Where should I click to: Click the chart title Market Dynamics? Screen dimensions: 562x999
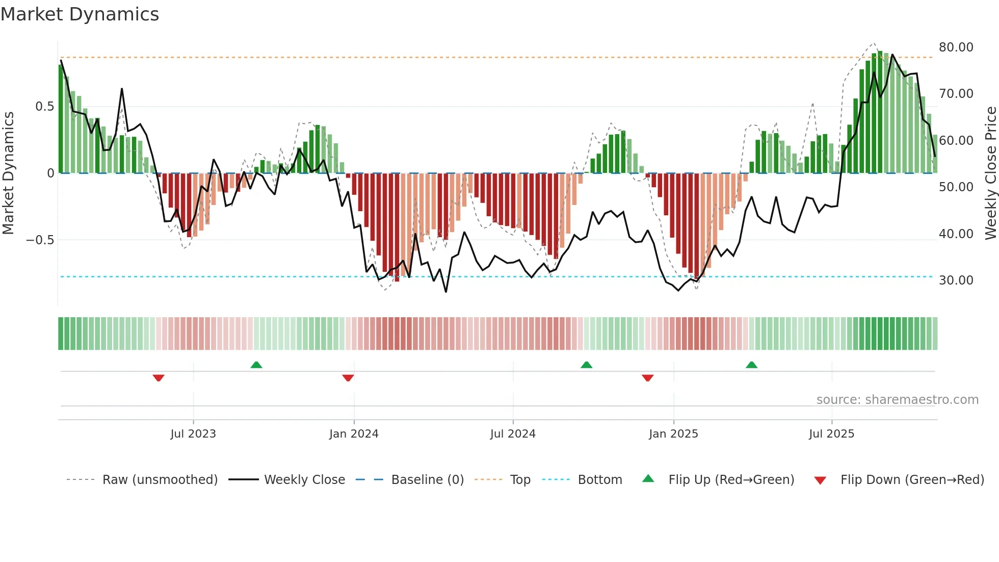coord(80,14)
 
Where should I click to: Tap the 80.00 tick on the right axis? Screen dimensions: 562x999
coord(956,47)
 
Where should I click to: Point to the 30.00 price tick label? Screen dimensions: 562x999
coord(956,280)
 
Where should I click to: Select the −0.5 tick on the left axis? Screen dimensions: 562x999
coord(40,240)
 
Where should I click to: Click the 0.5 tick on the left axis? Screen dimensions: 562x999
coord(44,106)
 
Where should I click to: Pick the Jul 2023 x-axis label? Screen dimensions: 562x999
coord(193,433)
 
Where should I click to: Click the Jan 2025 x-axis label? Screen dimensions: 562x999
coord(673,433)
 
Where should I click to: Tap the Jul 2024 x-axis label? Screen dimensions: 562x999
coord(513,433)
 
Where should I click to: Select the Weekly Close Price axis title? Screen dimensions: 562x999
coord(990,173)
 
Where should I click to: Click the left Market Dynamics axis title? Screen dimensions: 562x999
coord(8,173)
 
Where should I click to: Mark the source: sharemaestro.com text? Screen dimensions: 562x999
coord(897,399)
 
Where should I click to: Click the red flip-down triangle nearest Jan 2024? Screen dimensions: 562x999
coord(348,378)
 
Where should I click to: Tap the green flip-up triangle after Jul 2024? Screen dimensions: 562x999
coord(586,365)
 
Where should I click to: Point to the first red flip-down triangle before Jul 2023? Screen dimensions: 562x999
coord(159,378)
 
